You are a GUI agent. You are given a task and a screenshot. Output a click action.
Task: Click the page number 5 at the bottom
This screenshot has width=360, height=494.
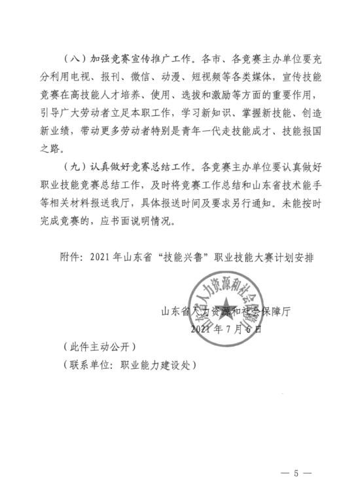coord(295,471)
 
